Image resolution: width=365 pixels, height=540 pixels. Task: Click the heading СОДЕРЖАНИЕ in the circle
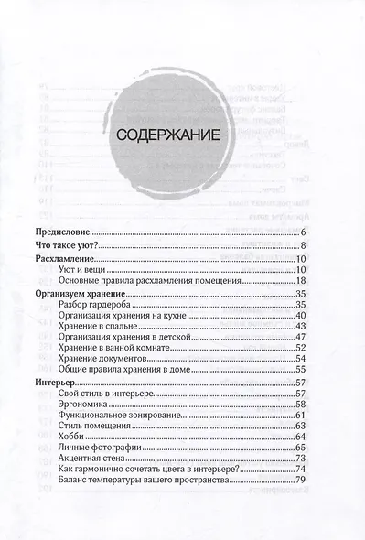point(166,135)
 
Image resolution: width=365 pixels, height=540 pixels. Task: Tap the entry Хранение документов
point(102,360)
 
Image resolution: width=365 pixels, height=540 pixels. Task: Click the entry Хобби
point(70,437)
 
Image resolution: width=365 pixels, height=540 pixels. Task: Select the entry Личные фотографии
point(98,448)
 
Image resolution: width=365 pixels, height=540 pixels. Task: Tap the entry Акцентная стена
point(93,459)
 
